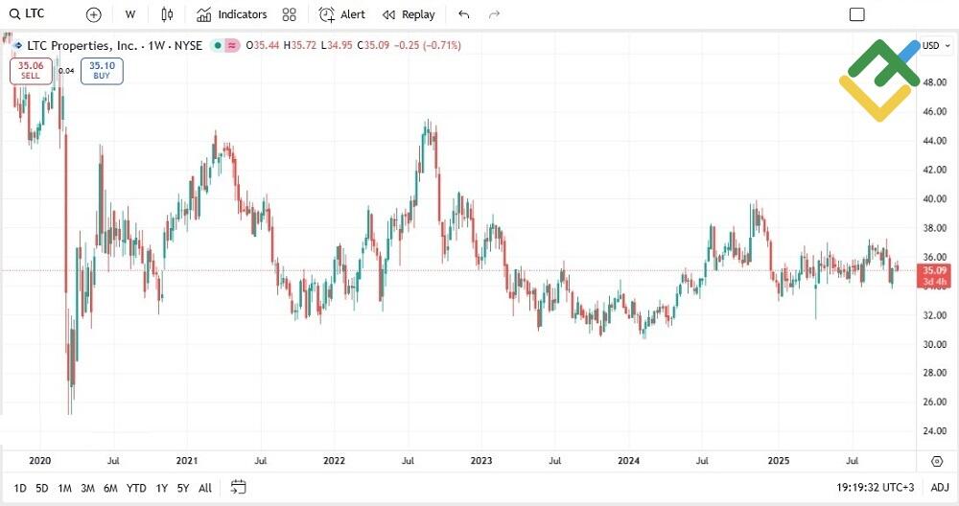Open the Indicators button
pos(231,14)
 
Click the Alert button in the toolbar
pos(341,14)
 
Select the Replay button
pos(409,14)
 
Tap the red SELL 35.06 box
pos(30,70)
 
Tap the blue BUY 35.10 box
pos(102,70)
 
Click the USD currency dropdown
pos(933,45)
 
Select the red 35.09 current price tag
pos(935,276)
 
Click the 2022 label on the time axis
pos(334,461)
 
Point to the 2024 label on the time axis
pos(628,461)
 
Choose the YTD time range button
pos(136,488)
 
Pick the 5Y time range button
pos(182,488)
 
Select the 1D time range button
pos(20,488)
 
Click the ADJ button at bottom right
pos(939,488)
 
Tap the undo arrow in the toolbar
pos(464,14)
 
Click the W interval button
pos(130,14)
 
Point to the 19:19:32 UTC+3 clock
pos(875,488)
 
